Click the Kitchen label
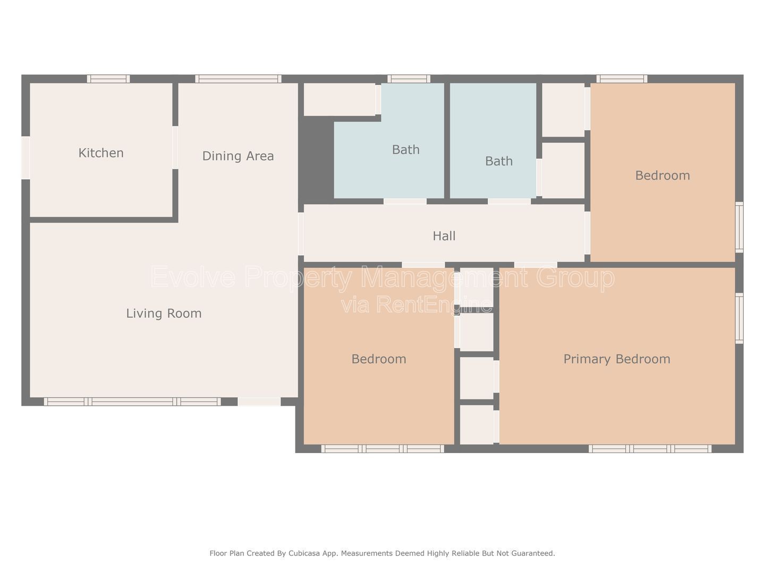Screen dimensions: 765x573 pos(101,153)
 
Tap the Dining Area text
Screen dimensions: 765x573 pos(238,156)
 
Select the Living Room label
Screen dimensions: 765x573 pos(164,314)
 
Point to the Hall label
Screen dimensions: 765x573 pos(444,236)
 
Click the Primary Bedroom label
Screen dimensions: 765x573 pos(617,359)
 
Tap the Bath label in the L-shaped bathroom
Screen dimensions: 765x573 pos(406,150)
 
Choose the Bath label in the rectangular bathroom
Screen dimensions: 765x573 pos(499,161)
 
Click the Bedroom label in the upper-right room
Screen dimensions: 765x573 pos(662,175)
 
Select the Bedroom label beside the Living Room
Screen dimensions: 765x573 pos(378,359)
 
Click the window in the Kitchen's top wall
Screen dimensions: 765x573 pos(108,79)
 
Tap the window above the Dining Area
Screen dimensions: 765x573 pos(238,79)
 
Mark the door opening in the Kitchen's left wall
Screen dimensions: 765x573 pos(26,158)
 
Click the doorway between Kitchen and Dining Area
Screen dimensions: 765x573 pos(175,147)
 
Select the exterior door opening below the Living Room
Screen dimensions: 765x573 pos(259,402)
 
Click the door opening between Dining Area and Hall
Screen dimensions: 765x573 pos(301,234)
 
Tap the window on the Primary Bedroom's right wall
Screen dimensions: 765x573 pos(739,318)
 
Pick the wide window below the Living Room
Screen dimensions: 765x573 pos(132,402)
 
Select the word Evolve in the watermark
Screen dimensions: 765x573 pos(193,276)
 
